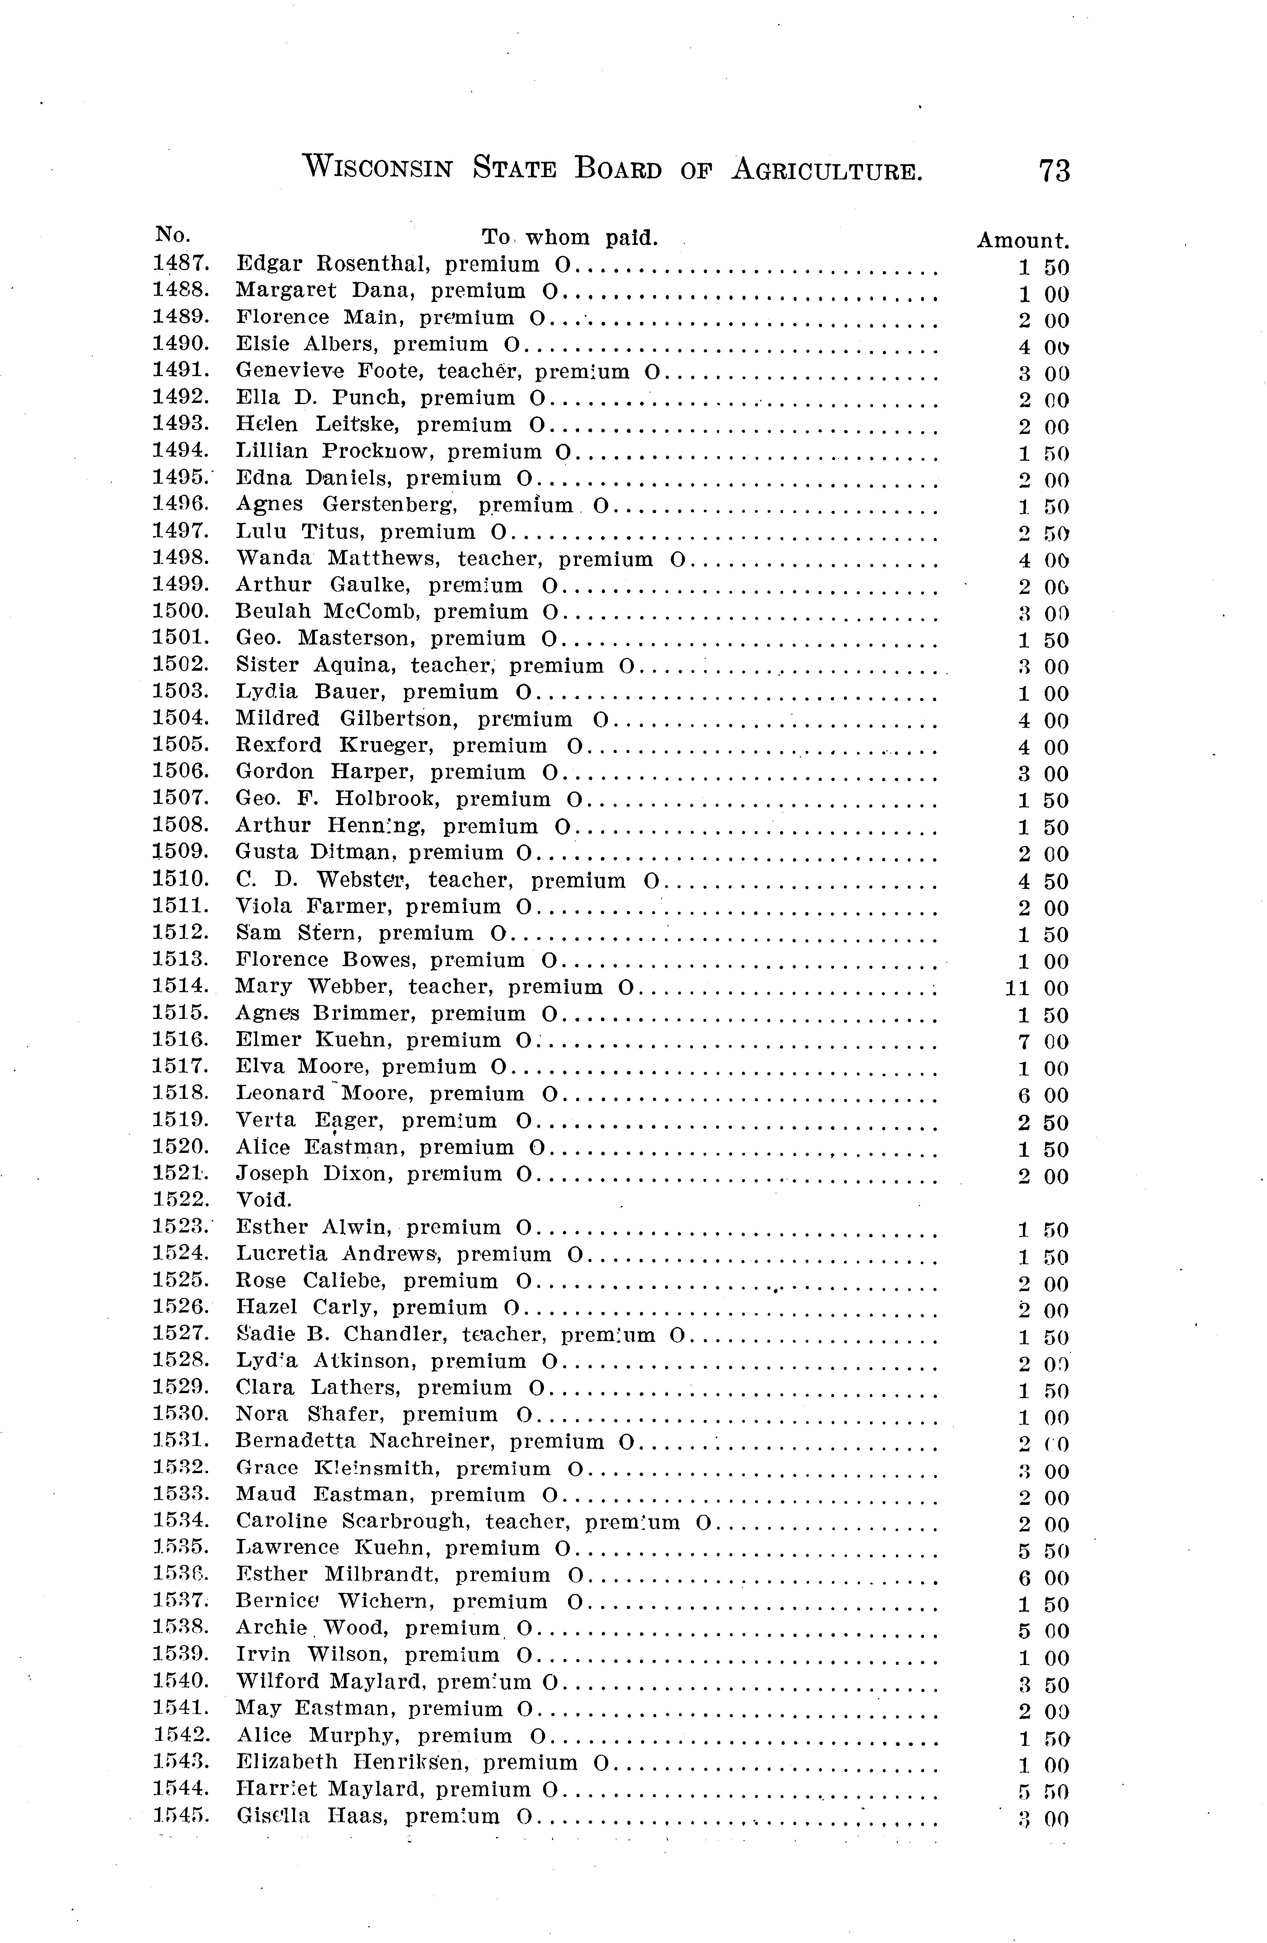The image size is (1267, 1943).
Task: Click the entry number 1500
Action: [181, 611]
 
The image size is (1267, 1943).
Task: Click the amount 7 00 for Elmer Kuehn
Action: [1042, 1042]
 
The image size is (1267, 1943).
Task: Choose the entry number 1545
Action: [181, 1816]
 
